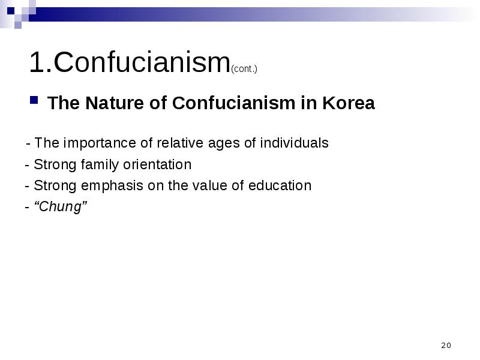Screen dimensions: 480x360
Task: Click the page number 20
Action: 446,346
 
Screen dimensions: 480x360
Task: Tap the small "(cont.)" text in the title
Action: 244,69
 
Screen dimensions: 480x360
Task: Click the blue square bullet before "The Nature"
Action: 34,100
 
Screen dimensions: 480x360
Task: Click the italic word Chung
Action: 61,206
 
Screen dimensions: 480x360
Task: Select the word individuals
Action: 294,143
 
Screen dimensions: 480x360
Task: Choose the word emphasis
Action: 112,186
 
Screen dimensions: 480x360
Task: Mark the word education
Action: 280,186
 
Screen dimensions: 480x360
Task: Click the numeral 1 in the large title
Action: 36,62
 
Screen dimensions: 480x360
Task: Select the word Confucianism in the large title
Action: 142,62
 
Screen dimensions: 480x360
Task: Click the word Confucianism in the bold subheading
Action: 233,103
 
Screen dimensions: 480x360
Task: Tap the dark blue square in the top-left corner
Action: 11,11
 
